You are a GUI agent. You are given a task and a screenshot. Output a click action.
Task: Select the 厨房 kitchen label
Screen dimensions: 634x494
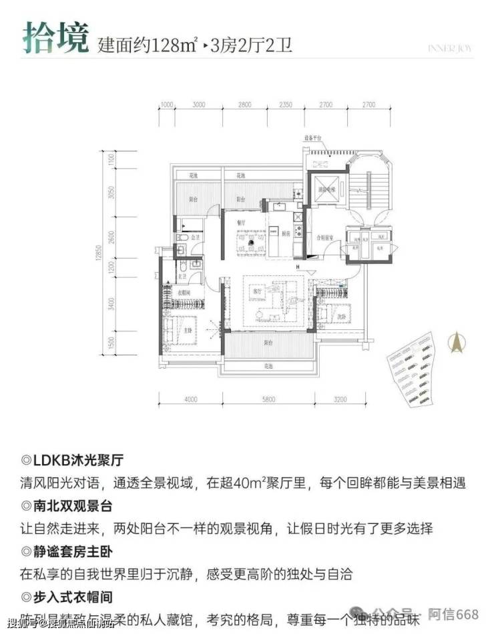tap(286, 233)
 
